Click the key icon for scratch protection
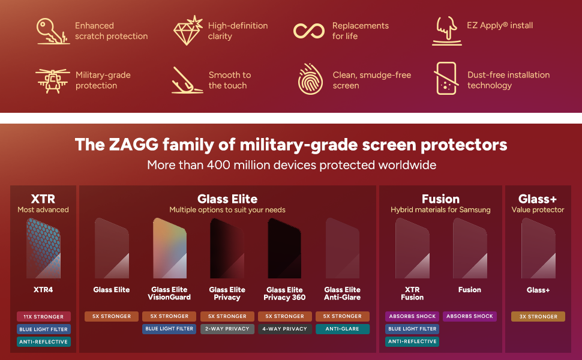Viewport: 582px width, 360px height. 52,31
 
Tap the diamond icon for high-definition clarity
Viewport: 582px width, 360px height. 187,31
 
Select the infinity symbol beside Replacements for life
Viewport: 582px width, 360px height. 309,31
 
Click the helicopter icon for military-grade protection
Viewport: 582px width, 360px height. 52,80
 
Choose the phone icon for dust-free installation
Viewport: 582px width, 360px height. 446,79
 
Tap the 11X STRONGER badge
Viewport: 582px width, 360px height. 44,316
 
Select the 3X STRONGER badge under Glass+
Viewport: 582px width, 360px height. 538,316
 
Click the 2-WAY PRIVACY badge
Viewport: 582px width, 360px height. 227,329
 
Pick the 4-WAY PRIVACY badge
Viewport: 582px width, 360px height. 284,329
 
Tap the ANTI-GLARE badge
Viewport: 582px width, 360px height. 342,329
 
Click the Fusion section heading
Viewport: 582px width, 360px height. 440,199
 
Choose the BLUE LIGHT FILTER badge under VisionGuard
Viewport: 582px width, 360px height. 169,329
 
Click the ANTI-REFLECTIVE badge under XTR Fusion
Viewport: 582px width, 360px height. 412,341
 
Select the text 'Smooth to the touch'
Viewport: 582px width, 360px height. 229,80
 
